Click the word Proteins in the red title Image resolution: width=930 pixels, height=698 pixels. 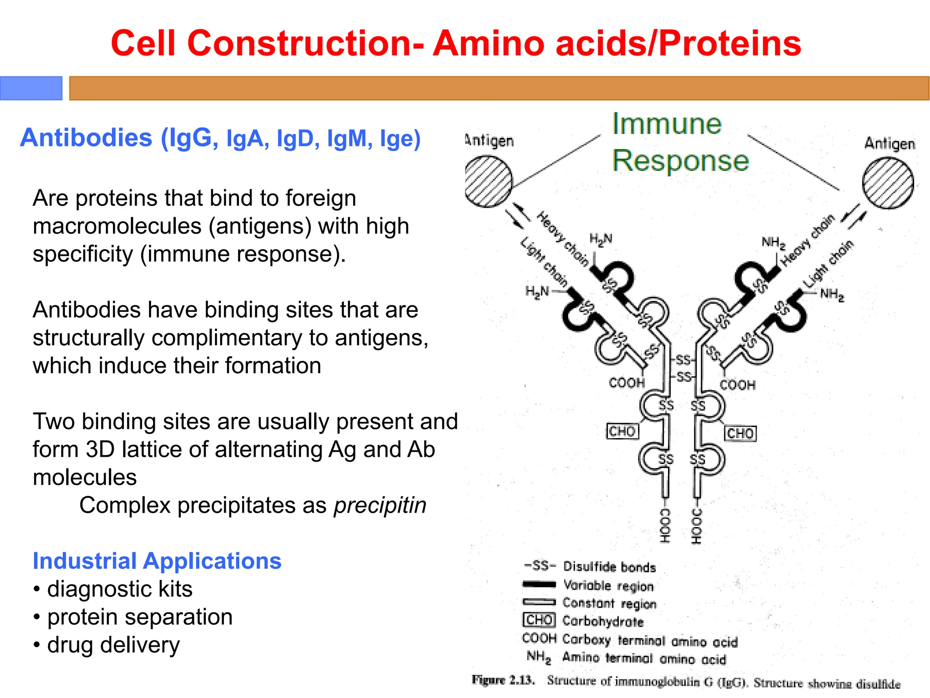730,44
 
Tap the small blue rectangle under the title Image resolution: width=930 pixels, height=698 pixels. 31,88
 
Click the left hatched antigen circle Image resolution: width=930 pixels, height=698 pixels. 489,181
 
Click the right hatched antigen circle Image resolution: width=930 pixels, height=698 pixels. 888,183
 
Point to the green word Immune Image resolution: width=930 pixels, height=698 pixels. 667,124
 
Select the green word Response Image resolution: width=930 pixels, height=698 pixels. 680,161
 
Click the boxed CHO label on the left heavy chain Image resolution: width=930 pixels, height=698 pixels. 623,431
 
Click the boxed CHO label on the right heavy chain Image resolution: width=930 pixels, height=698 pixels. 740,433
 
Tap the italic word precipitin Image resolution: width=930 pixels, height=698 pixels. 380,505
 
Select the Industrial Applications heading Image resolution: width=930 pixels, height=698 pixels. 157,561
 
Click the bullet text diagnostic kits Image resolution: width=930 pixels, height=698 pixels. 120,589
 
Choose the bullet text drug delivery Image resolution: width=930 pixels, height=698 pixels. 114,645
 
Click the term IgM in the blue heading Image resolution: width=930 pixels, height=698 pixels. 347,139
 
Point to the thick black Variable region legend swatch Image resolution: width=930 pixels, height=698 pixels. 539,584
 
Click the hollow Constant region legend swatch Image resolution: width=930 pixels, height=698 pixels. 539,602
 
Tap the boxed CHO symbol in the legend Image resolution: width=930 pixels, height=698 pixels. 539,620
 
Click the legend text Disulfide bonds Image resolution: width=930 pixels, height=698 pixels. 609,567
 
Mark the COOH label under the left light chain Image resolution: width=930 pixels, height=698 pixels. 627,383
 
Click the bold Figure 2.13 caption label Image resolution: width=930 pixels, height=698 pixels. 503,680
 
